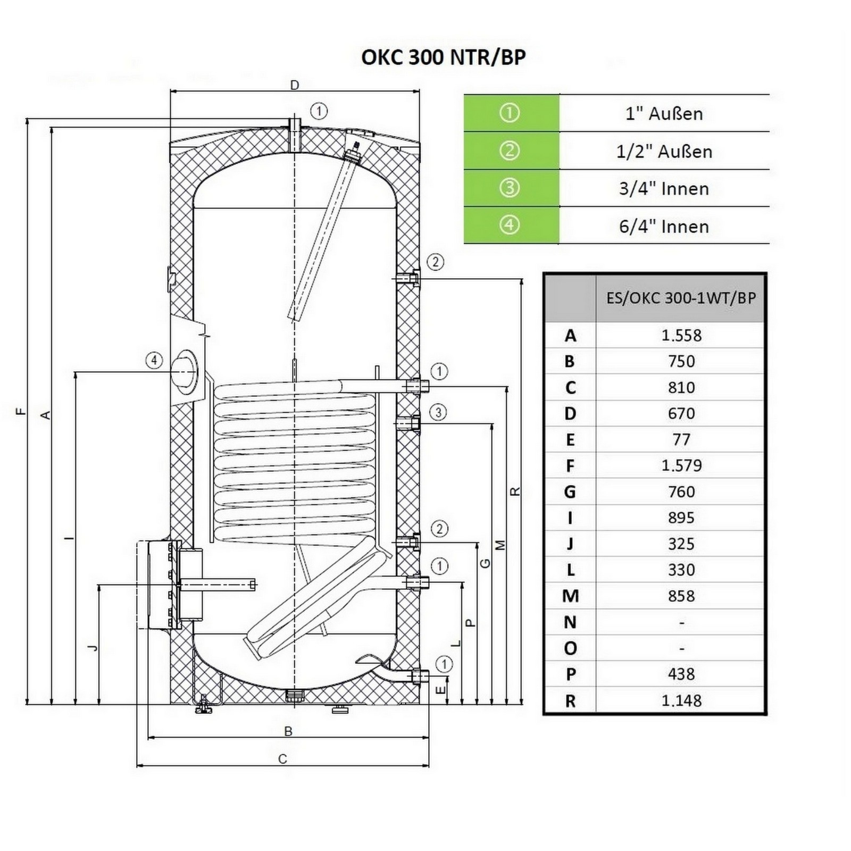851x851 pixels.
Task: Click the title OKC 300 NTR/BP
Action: [x=444, y=57]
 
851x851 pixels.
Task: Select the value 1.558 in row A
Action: [x=681, y=335]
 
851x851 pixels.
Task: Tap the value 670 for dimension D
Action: [x=681, y=413]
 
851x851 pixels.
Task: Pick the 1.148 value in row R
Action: [x=681, y=700]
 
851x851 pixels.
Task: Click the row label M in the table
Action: [x=570, y=596]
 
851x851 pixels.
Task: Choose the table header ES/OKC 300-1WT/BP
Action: [x=681, y=298]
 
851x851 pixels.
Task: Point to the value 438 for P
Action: [x=681, y=674]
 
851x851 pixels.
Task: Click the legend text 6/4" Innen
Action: [x=664, y=227]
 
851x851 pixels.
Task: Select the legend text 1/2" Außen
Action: [x=664, y=152]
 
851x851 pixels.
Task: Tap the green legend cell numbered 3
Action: [x=511, y=188]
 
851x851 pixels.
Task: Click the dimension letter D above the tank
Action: [x=295, y=85]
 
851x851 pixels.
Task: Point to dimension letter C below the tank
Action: [x=283, y=759]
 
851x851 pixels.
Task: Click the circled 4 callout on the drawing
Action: [x=154, y=361]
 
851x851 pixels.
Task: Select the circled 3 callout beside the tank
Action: [x=438, y=412]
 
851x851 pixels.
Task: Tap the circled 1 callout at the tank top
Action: [x=319, y=111]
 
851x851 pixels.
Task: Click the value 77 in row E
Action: [x=681, y=439]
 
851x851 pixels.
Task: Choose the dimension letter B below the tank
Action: [x=288, y=731]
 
